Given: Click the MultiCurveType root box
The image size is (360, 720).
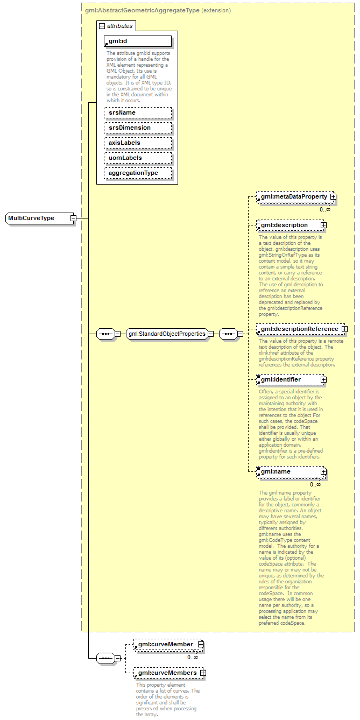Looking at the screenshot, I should (x=38, y=218).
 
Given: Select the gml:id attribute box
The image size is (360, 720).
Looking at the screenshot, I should (x=138, y=41).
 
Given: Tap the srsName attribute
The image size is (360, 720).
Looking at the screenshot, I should (x=138, y=112).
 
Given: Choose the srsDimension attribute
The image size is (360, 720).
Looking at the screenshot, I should (x=138, y=128).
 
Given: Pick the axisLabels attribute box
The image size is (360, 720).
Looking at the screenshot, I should (x=138, y=143).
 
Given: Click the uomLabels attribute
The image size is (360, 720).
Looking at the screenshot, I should (x=138, y=158).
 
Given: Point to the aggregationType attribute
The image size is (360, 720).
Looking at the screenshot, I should (x=138, y=173).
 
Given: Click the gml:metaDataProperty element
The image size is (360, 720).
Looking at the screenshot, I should (x=294, y=197).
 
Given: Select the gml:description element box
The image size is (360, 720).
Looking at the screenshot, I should (x=288, y=225).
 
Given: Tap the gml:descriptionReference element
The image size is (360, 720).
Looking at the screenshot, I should (x=299, y=329).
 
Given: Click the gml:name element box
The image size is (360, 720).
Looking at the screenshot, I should (x=288, y=472).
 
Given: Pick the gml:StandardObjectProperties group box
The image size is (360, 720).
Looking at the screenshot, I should (x=167, y=334).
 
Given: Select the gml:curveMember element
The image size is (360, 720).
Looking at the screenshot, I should (x=165, y=644).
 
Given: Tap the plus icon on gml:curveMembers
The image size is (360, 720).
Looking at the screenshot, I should (x=203, y=673).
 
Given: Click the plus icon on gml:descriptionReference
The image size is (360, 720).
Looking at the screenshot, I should (x=344, y=329).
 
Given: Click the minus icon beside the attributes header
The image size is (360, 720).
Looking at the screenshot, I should (x=102, y=25).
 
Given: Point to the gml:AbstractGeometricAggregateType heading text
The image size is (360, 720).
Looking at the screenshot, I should (x=142, y=10).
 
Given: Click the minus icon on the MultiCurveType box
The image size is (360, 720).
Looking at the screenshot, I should (x=73, y=218).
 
